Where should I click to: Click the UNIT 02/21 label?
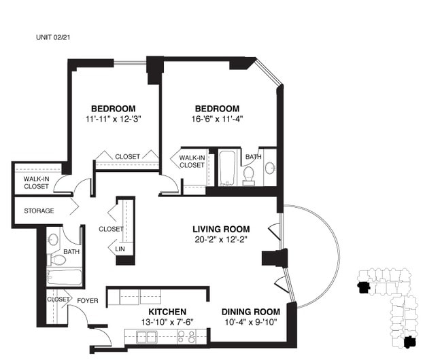tap(53, 37)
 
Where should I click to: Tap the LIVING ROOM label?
tap(221, 229)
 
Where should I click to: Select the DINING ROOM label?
tap(251, 312)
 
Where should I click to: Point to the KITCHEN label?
tap(167, 312)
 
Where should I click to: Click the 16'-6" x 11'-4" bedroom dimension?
tap(218, 119)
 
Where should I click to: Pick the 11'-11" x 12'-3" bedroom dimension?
tap(114, 119)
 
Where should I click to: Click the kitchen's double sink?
tap(147, 337)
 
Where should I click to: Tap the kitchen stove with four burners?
tap(186, 337)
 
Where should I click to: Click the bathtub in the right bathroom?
tap(227, 168)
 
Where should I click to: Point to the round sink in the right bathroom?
tap(270, 168)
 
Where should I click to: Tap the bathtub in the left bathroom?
tap(65, 277)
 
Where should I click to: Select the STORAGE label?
tap(39, 211)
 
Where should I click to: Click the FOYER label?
tap(88, 301)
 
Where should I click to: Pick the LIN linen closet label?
tap(120, 249)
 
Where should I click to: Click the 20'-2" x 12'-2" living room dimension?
tap(221, 240)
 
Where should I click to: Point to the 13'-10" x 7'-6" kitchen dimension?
tap(167, 322)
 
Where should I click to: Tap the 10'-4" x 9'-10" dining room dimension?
tap(251, 322)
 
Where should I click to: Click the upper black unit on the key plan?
tap(364, 288)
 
